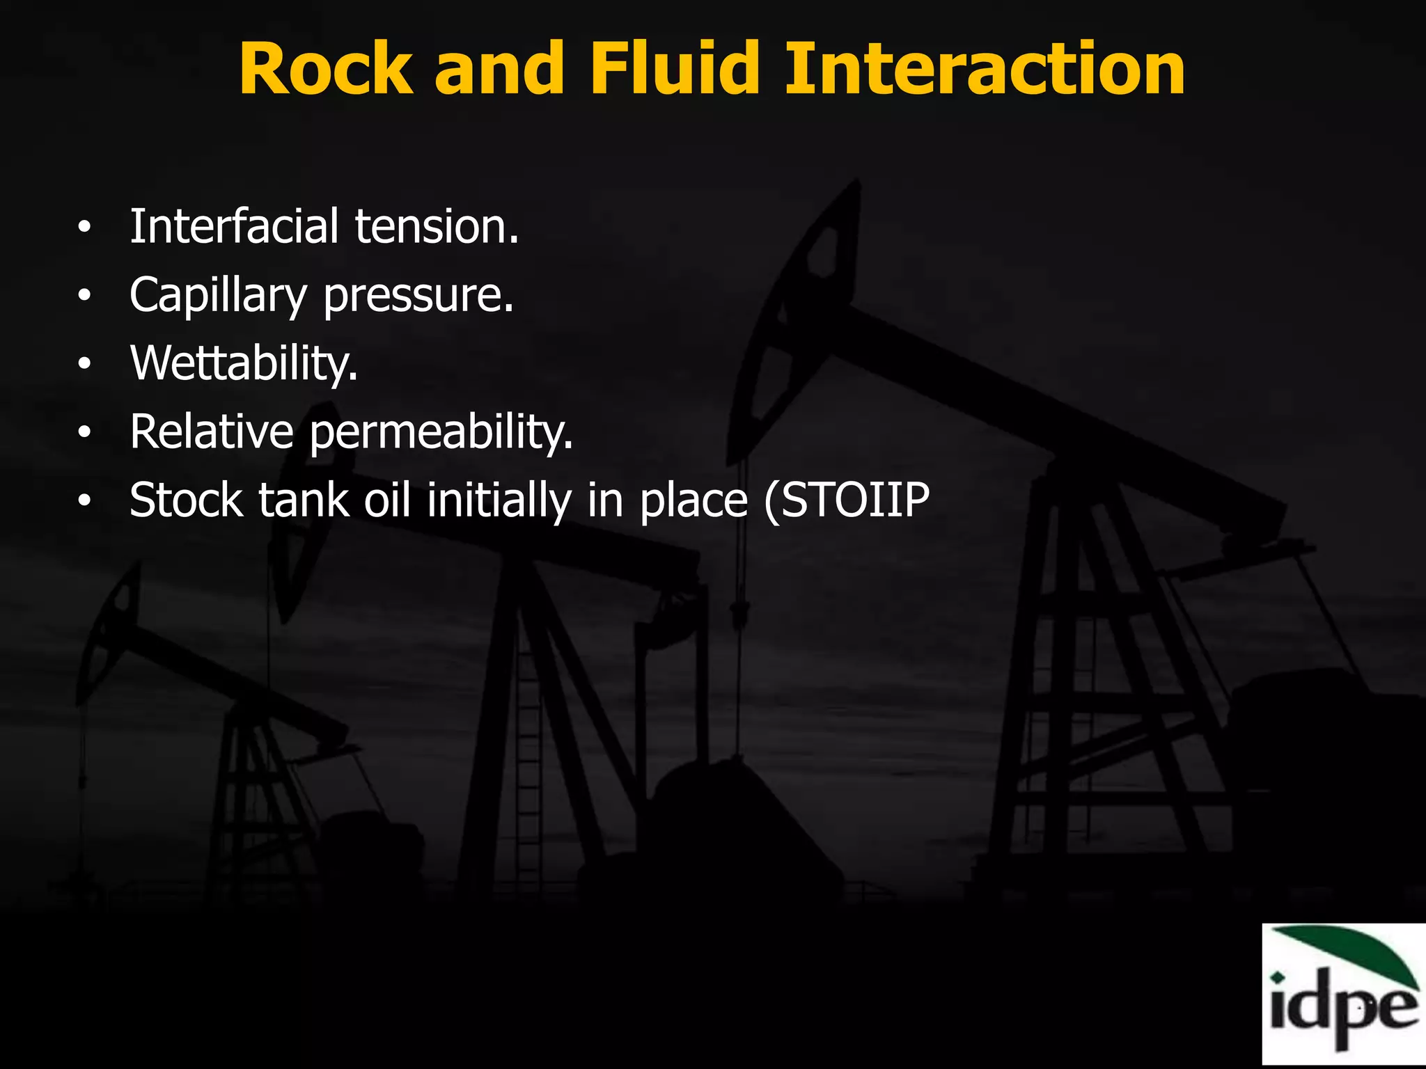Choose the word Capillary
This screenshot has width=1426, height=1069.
[x=217, y=296]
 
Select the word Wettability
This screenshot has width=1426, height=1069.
[x=244, y=363]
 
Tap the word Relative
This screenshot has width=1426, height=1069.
[x=212, y=431]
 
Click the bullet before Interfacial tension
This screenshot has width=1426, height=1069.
[x=84, y=228]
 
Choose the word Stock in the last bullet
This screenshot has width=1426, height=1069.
[x=186, y=500]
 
